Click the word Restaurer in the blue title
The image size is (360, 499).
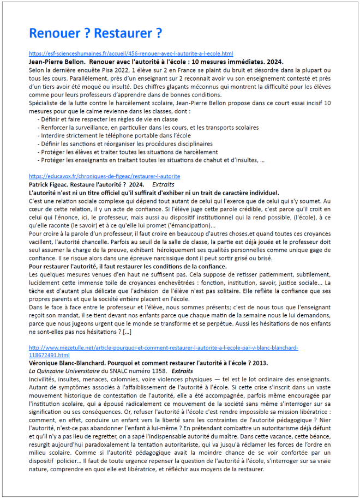click(x=123, y=33)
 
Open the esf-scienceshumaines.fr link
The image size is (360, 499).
click(x=130, y=54)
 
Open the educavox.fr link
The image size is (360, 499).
click(x=104, y=177)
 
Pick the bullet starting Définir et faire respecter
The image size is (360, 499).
click(x=108, y=119)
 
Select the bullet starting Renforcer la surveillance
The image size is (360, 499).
click(x=148, y=127)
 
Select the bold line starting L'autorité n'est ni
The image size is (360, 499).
click(x=154, y=193)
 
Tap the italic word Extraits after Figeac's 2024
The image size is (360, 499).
click(x=164, y=185)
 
